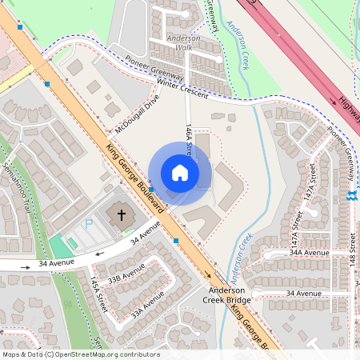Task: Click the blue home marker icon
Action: [180, 173]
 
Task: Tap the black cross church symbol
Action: [122, 214]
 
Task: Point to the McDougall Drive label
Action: [137, 113]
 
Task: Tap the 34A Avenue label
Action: [310, 252]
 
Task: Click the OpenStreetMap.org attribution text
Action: [104, 354]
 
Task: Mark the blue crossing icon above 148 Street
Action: [350, 196]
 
